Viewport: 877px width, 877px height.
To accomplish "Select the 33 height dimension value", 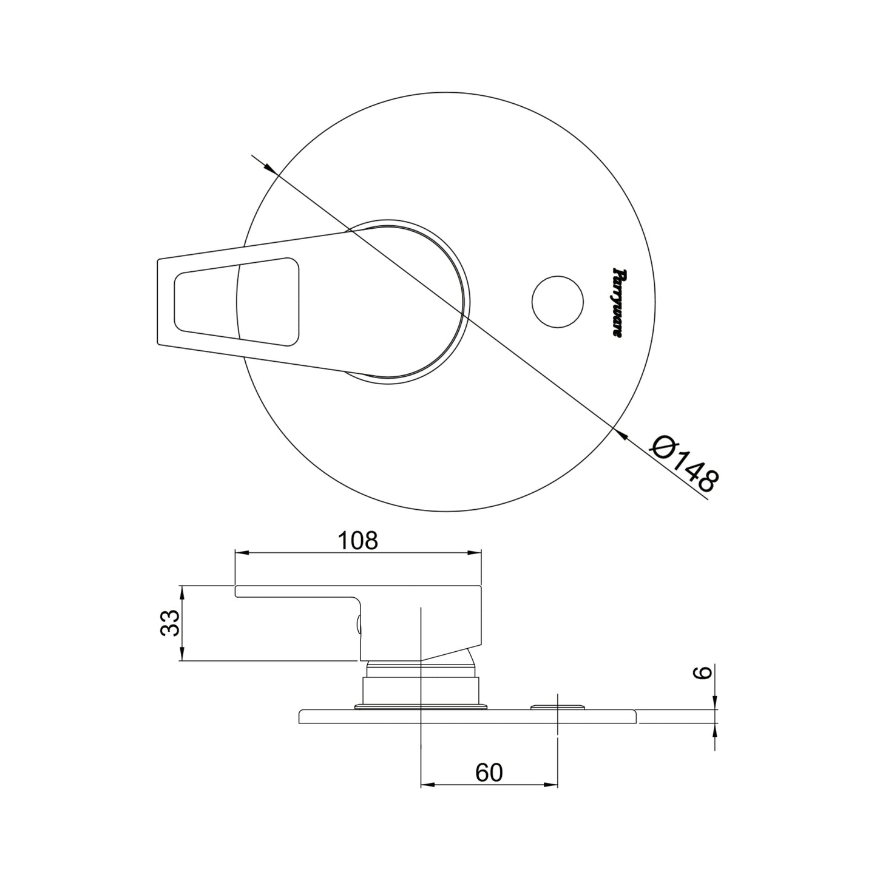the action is (x=170, y=623).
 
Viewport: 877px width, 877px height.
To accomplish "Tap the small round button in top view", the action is (x=558, y=301).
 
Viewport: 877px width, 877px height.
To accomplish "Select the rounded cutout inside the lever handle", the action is (x=237, y=302).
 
